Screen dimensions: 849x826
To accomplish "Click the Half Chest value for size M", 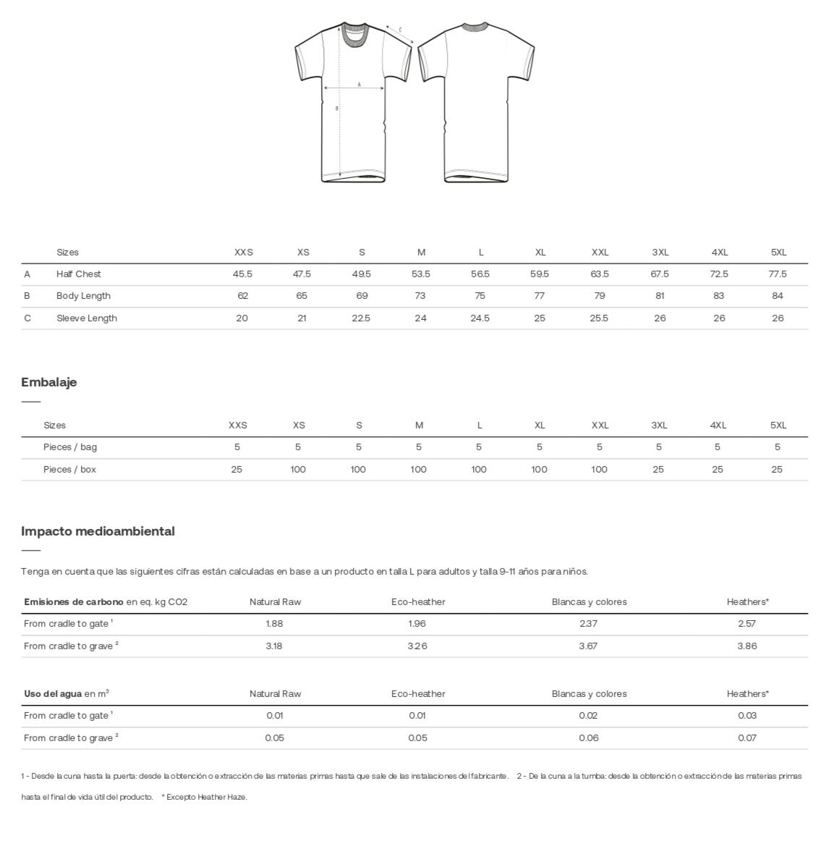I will click(x=420, y=274).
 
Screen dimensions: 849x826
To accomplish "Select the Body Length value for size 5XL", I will click(x=778, y=296).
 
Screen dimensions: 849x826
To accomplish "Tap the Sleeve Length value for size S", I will click(x=361, y=318).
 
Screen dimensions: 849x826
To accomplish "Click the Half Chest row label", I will click(x=78, y=274).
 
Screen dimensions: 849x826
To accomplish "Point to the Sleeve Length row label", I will click(x=86, y=318).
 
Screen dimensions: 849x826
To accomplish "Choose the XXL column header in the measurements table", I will click(x=600, y=253).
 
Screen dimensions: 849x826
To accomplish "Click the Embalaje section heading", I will click(x=48, y=382).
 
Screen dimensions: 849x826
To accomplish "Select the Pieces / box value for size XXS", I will click(x=237, y=470).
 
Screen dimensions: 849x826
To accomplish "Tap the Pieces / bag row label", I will click(x=69, y=447).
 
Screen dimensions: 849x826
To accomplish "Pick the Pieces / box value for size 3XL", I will click(x=658, y=470).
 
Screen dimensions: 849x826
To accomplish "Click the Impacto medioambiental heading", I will click(x=98, y=531).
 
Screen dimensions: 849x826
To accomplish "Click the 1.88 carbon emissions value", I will click(x=274, y=624).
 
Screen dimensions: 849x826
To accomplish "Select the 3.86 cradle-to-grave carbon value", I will click(x=746, y=646).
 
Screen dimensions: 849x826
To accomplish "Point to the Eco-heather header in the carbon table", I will click(x=418, y=602).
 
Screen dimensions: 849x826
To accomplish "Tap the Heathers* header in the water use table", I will click(x=747, y=694).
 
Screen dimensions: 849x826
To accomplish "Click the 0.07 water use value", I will click(x=747, y=738).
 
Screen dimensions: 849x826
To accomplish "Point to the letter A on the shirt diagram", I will click(x=359, y=85).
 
